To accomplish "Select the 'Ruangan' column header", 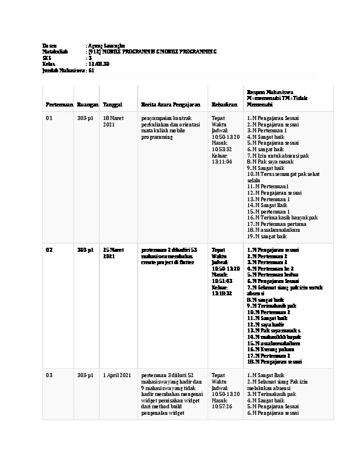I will click(x=87, y=105).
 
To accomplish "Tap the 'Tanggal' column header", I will click(x=112, y=105).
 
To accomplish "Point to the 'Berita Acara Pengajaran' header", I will click(x=168, y=105).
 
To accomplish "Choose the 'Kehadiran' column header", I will click(x=224, y=105).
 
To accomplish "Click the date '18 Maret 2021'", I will click(x=114, y=122).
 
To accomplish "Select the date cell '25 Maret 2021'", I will click(x=114, y=253).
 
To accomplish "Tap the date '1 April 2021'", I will click(x=116, y=375).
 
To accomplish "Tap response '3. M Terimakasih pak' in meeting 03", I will click(x=271, y=394).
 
